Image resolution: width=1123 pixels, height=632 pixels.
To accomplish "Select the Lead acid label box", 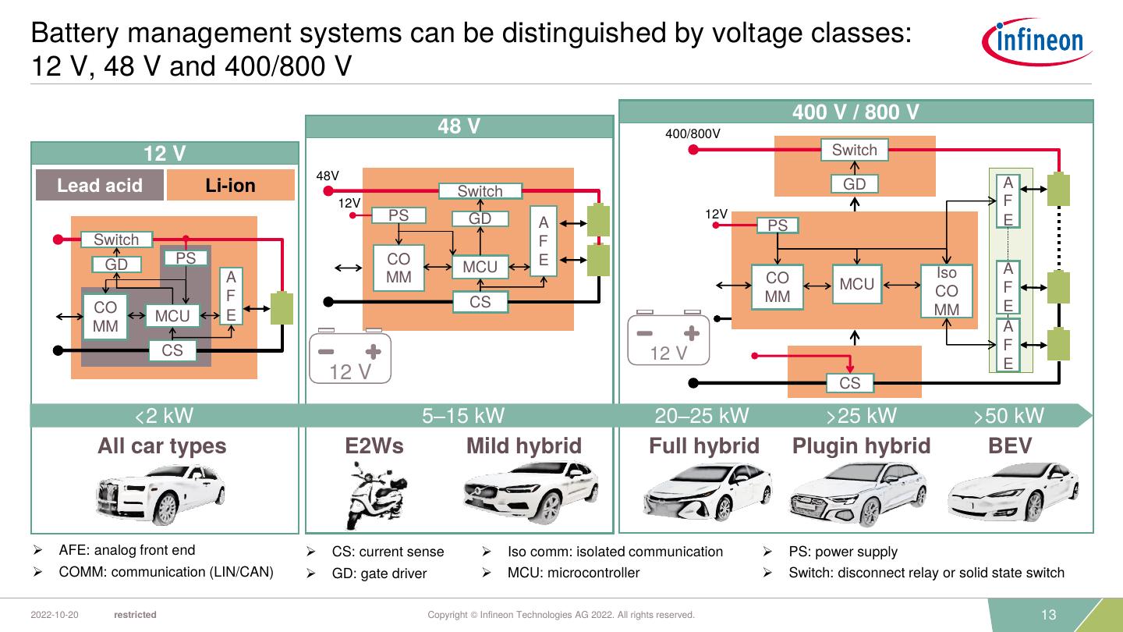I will pos(100,186).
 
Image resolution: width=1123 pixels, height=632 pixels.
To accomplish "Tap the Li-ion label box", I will pos(231,186).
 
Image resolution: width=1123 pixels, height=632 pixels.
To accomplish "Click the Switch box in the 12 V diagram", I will pos(116,240).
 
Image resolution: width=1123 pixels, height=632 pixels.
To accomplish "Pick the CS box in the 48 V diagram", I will pos(480,302).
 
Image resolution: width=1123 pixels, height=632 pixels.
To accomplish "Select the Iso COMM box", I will pos(946,291).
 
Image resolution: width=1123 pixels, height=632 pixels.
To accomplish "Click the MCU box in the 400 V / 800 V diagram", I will pos(857,285).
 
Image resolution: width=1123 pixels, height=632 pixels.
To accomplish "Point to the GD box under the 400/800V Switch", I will pos(855,184).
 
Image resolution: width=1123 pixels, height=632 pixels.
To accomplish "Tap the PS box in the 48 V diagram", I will pos(399,215).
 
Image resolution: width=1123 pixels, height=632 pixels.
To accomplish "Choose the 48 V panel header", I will pos(459,126).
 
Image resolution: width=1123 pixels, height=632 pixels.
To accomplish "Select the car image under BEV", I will pos(1006,492).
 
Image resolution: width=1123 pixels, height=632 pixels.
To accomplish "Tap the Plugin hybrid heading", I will pos(861,446).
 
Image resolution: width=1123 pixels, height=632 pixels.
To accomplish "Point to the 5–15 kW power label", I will pos(463,416).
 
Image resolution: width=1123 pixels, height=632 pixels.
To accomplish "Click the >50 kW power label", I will pos(1008,416).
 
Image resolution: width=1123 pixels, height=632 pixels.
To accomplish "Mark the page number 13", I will pos(1048,615).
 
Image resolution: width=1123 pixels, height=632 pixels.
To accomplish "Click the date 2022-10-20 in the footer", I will pos(54,615).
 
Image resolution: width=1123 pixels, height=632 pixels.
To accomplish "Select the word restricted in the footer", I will pos(135,615).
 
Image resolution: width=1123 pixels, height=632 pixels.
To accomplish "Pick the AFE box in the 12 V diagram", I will pos(231,296).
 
